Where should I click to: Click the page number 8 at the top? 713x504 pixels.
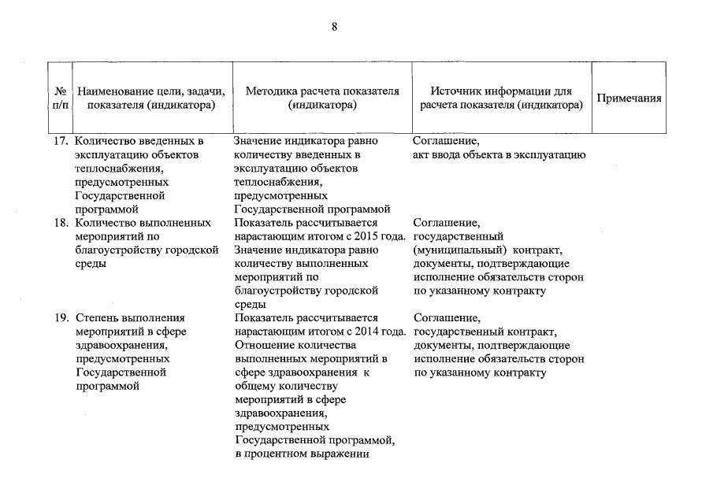tap(334, 28)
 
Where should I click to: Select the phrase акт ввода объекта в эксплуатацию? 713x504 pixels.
tap(499, 155)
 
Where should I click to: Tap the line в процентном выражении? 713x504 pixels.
tap(302, 454)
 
